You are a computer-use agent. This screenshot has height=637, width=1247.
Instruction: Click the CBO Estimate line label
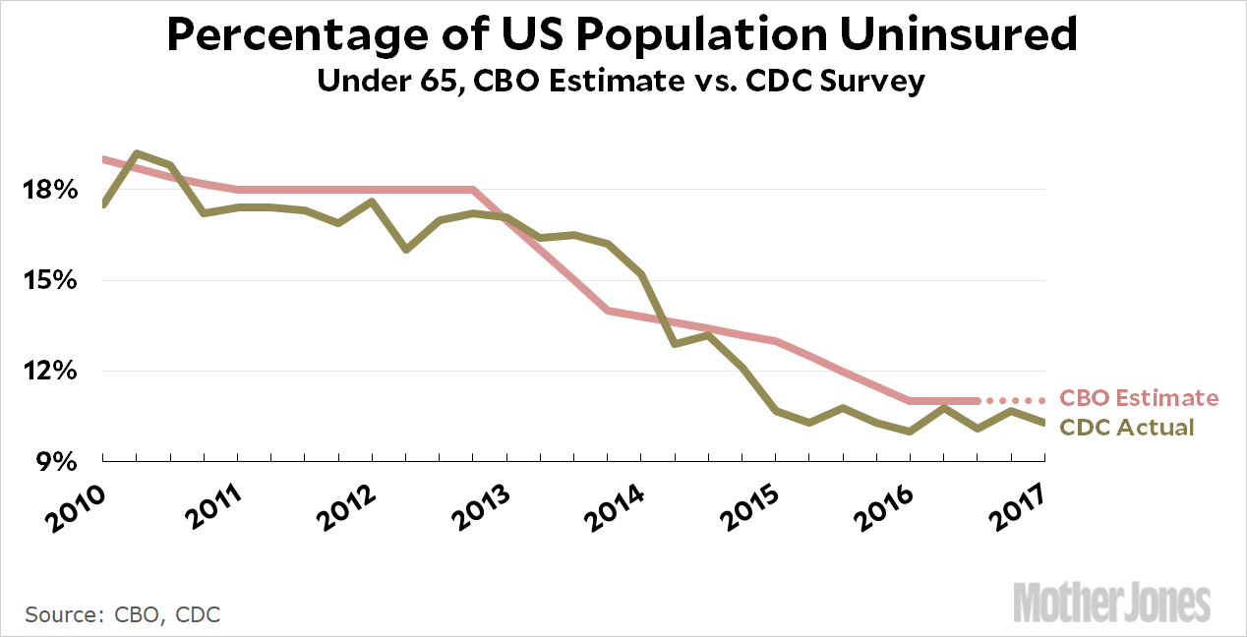click(x=1138, y=398)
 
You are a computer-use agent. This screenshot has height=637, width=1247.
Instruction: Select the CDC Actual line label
click(x=1126, y=428)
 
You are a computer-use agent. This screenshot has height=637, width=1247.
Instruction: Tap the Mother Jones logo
click(x=1112, y=601)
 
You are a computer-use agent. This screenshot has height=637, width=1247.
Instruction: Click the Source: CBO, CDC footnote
click(x=123, y=615)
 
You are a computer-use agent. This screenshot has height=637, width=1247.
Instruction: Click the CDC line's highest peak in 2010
click(x=137, y=153)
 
